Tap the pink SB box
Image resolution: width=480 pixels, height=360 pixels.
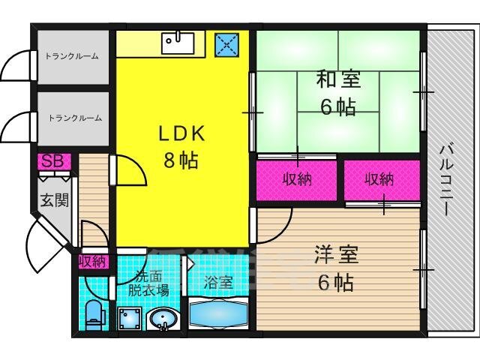[x=52, y=161]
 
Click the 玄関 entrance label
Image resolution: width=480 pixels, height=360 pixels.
[x=55, y=200]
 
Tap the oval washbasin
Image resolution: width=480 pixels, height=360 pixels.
[x=162, y=319]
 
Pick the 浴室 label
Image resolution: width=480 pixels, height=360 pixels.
[x=218, y=283]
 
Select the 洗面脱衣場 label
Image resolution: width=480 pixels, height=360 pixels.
[x=146, y=283]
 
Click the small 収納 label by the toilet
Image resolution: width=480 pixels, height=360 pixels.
[x=93, y=261]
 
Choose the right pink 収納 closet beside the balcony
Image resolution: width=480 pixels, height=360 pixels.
[x=382, y=179]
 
